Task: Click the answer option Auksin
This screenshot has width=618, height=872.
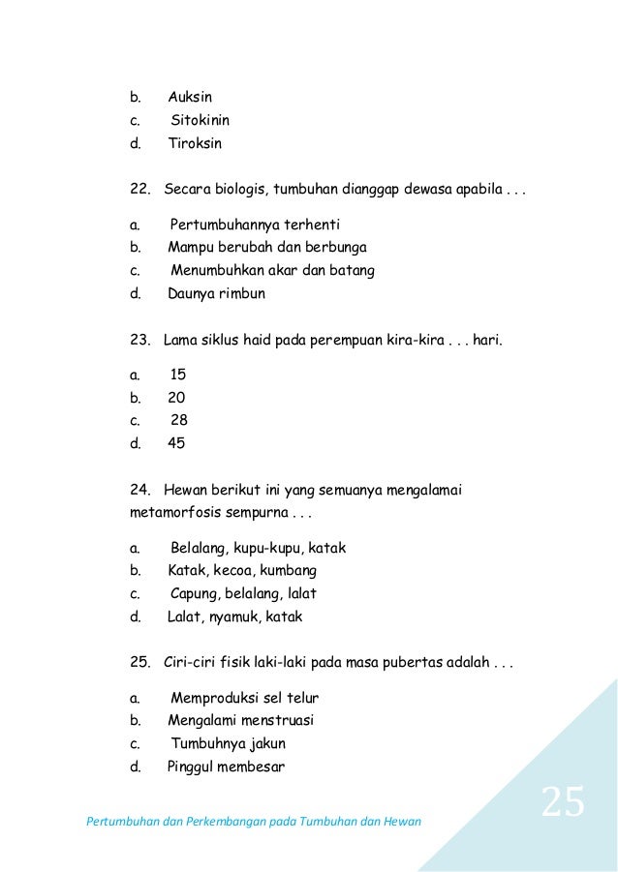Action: (190, 98)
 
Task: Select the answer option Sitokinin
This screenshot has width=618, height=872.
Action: (200, 121)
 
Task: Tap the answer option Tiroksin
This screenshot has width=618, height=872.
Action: (195, 144)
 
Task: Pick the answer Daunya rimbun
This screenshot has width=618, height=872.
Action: (216, 293)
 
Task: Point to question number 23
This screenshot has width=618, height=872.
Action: (139, 341)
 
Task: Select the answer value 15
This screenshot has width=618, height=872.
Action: (178, 375)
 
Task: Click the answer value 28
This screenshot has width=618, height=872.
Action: (179, 421)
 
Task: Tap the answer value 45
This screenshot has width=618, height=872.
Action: (176, 444)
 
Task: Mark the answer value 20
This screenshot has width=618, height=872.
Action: (176, 398)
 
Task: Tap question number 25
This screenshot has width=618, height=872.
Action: (139, 664)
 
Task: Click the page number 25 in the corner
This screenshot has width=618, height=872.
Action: (562, 802)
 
